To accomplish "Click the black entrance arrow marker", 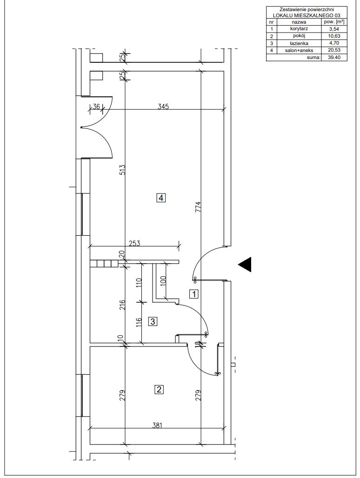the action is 245,264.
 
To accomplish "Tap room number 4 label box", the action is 161,198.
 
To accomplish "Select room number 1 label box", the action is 194,294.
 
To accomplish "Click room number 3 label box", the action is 153,321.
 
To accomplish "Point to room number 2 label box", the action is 160,389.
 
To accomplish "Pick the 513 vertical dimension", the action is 122,170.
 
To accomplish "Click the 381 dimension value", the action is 157,425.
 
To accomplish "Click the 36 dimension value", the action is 96,106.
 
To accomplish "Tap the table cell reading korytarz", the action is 299,29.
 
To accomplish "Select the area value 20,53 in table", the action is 334,50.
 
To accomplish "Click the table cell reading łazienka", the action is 299,43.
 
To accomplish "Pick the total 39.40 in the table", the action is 334,57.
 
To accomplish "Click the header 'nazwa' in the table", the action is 299,22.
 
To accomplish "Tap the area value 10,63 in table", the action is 334,36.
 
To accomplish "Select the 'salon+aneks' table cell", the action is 299,50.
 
